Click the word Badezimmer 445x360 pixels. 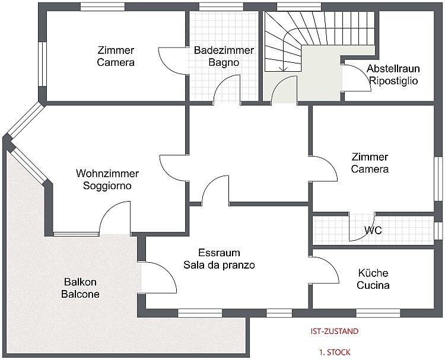click(x=224, y=50)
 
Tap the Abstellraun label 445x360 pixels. click(x=393, y=69)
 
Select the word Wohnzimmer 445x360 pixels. click(x=107, y=173)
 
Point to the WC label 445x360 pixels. click(x=373, y=230)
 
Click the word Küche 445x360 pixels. click(x=373, y=273)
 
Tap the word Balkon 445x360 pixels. click(x=80, y=282)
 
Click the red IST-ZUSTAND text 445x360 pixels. click(x=334, y=332)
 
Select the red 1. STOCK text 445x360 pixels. click(x=335, y=352)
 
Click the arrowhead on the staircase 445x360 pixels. click(x=283, y=69)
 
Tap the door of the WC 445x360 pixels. click(x=361, y=228)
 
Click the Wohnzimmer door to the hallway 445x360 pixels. click(x=173, y=168)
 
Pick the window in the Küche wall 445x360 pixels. click(x=378, y=313)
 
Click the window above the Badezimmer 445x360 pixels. click(x=221, y=7)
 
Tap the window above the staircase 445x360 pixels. click(x=299, y=7)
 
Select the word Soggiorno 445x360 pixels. click(x=107, y=186)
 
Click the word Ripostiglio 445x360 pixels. click(x=393, y=81)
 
